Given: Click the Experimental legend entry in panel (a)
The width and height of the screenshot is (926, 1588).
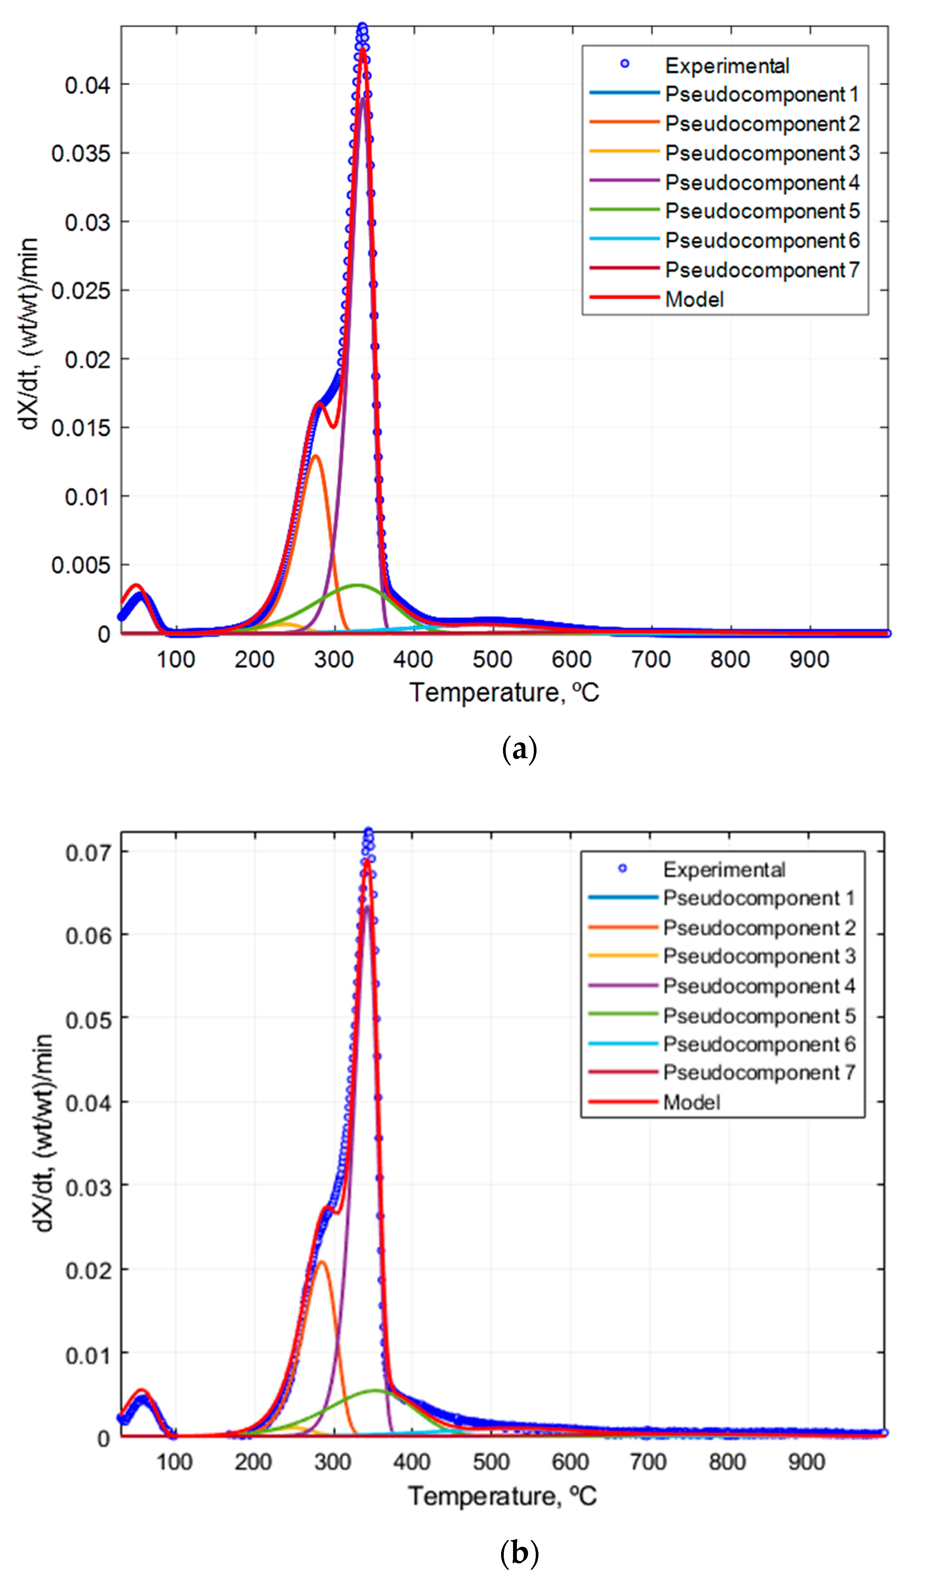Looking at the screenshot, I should click(x=726, y=65).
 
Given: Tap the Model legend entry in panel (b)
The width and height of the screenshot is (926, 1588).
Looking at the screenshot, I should click(x=691, y=1102).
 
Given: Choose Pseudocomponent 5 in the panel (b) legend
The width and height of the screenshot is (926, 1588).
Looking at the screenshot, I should click(x=759, y=1016).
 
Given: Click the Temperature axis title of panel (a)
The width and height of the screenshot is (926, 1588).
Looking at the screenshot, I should click(x=504, y=693).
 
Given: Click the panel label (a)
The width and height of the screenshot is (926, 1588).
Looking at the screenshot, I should click(x=519, y=750).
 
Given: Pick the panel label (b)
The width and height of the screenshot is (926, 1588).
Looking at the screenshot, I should click(x=519, y=1553).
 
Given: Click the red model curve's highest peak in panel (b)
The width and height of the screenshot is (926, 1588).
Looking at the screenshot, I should click(x=367, y=861).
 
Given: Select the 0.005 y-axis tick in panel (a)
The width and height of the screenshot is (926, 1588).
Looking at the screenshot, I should click(x=81, y=565).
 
